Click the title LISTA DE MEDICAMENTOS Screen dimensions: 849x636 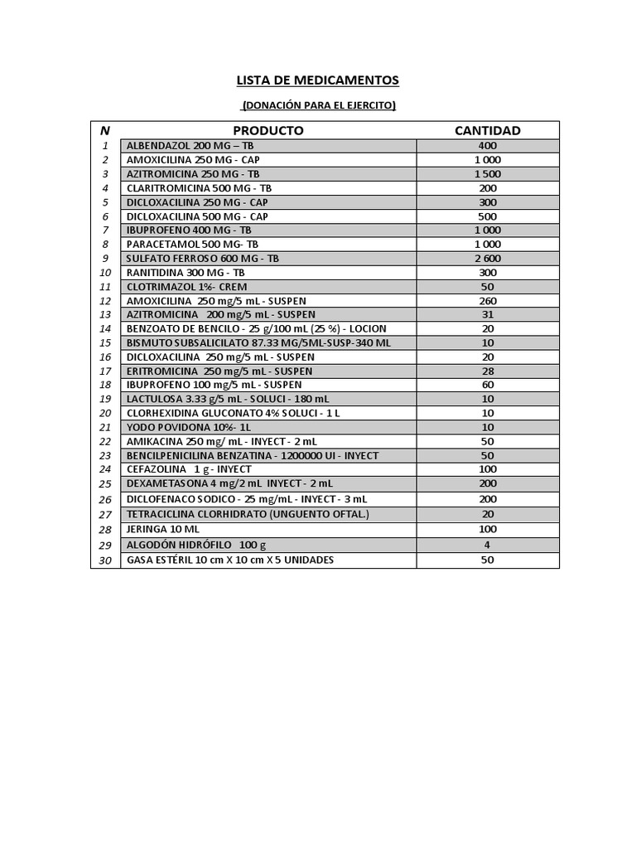click(317, 80)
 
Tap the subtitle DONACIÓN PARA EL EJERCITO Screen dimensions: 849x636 click(318, 105)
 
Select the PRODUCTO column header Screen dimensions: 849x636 click(267, 130)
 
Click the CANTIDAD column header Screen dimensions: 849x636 click(488, 130)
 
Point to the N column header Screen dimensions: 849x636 click(105, 130)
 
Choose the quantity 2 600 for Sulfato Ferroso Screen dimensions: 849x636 click(488, 258)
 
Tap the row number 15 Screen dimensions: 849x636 click(105, 342)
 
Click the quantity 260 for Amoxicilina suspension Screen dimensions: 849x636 click(488, 300)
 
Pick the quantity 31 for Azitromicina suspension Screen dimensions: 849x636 click(488, 314)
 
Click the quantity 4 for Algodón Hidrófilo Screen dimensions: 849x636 click(488, 545)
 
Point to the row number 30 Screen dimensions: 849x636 click(105, 560)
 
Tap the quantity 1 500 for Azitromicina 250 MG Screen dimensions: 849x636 click(488, 174)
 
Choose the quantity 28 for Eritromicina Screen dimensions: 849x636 click(488, 371)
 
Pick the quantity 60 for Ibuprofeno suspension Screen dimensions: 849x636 click(488, 385)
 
